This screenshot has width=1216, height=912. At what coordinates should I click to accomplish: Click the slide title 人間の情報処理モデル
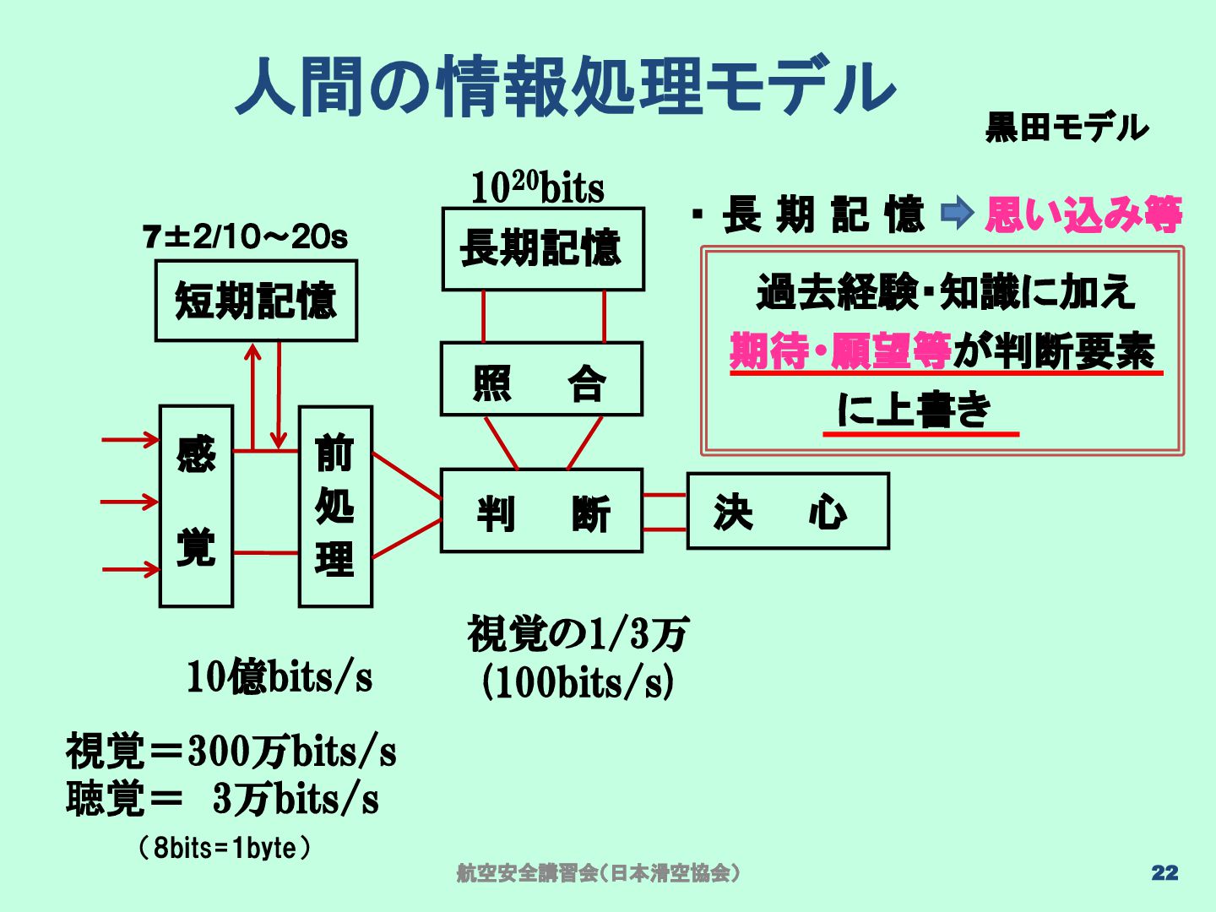tap(564, 87)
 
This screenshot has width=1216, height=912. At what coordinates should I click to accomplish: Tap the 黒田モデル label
tap(1067, 128)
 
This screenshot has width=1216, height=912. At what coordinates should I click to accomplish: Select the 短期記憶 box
tap(256, 301)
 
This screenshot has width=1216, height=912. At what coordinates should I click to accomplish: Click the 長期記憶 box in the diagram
tap(543, 249)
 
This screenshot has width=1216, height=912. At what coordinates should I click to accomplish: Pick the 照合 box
tap(541, 379)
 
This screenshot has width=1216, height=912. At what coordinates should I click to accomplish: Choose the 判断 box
tap(541, 511)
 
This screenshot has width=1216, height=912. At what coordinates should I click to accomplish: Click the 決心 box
tap(787, 511)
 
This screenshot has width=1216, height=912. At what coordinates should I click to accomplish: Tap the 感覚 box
tap(196, 506)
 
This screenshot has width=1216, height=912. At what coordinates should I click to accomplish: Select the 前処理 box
tap(335, 507)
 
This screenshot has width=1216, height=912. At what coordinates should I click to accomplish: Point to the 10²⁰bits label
tap(538, 187)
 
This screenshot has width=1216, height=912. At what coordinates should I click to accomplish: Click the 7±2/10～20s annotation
tap(245, 237)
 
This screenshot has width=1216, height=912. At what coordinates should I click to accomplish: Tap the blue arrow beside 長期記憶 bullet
tap(957, 213)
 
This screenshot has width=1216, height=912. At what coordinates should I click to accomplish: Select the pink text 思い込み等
tap(1083, 214)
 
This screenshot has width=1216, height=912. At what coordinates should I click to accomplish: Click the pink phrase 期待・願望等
tap(840, 350)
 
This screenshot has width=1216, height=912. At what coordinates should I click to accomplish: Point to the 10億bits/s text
tap(279, 676)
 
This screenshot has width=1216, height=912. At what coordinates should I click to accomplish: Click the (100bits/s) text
tap(578, 682)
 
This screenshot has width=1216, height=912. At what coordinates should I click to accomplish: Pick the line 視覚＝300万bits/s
tap(231, 751)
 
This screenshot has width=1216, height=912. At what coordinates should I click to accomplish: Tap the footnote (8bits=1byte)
tap(225, 847)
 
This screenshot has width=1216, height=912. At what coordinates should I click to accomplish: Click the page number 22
tap(1164, 873)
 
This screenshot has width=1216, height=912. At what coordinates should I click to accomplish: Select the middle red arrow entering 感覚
tap(129, 502)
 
